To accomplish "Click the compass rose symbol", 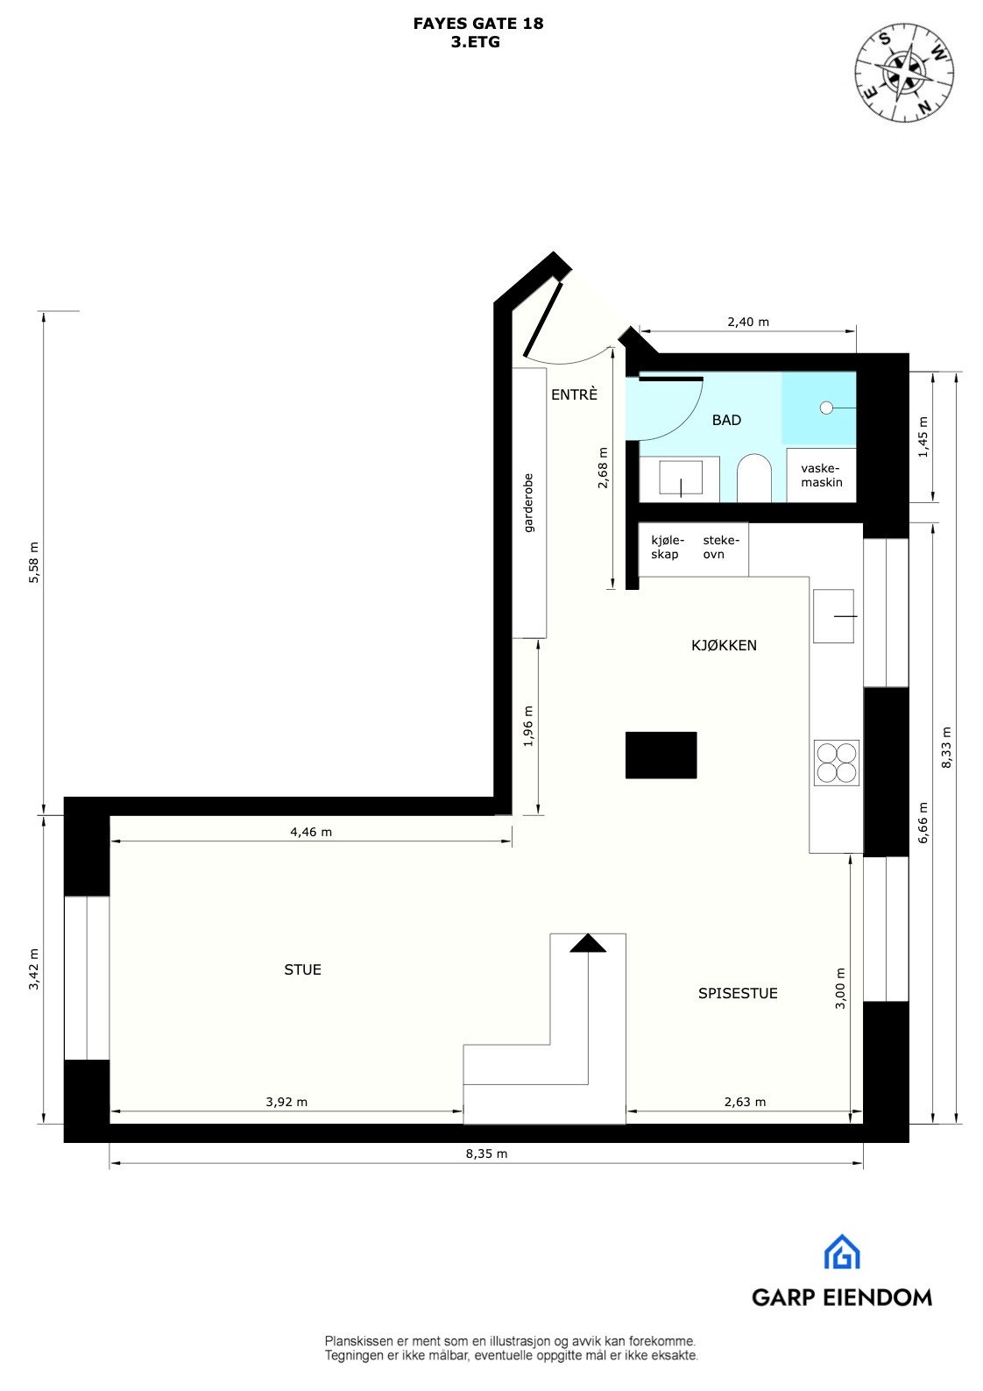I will tap(904, 71).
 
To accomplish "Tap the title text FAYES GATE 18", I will tap(477, 24).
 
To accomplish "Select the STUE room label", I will tap(302, 969).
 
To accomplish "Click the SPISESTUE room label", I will tap(738, 993).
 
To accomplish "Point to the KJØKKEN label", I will tap(724, 645).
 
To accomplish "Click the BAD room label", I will tap(726, 420).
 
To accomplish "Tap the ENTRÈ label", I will tap(574, 394).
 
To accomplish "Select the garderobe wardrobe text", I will tap(528, 503).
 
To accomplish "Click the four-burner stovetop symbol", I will tap(836, 762).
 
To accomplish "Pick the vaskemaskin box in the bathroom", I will tap(821, 475).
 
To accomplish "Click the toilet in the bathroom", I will tap(753, 479).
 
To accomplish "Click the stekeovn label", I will tap(720, 547).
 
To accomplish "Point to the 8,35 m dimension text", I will tap(486, 1153).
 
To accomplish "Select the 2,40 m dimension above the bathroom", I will tap(747, 322).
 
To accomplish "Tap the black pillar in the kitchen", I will tap(661, 755).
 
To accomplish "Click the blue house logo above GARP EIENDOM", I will tap(841, 1252).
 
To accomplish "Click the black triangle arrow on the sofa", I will tap(588, 943).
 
